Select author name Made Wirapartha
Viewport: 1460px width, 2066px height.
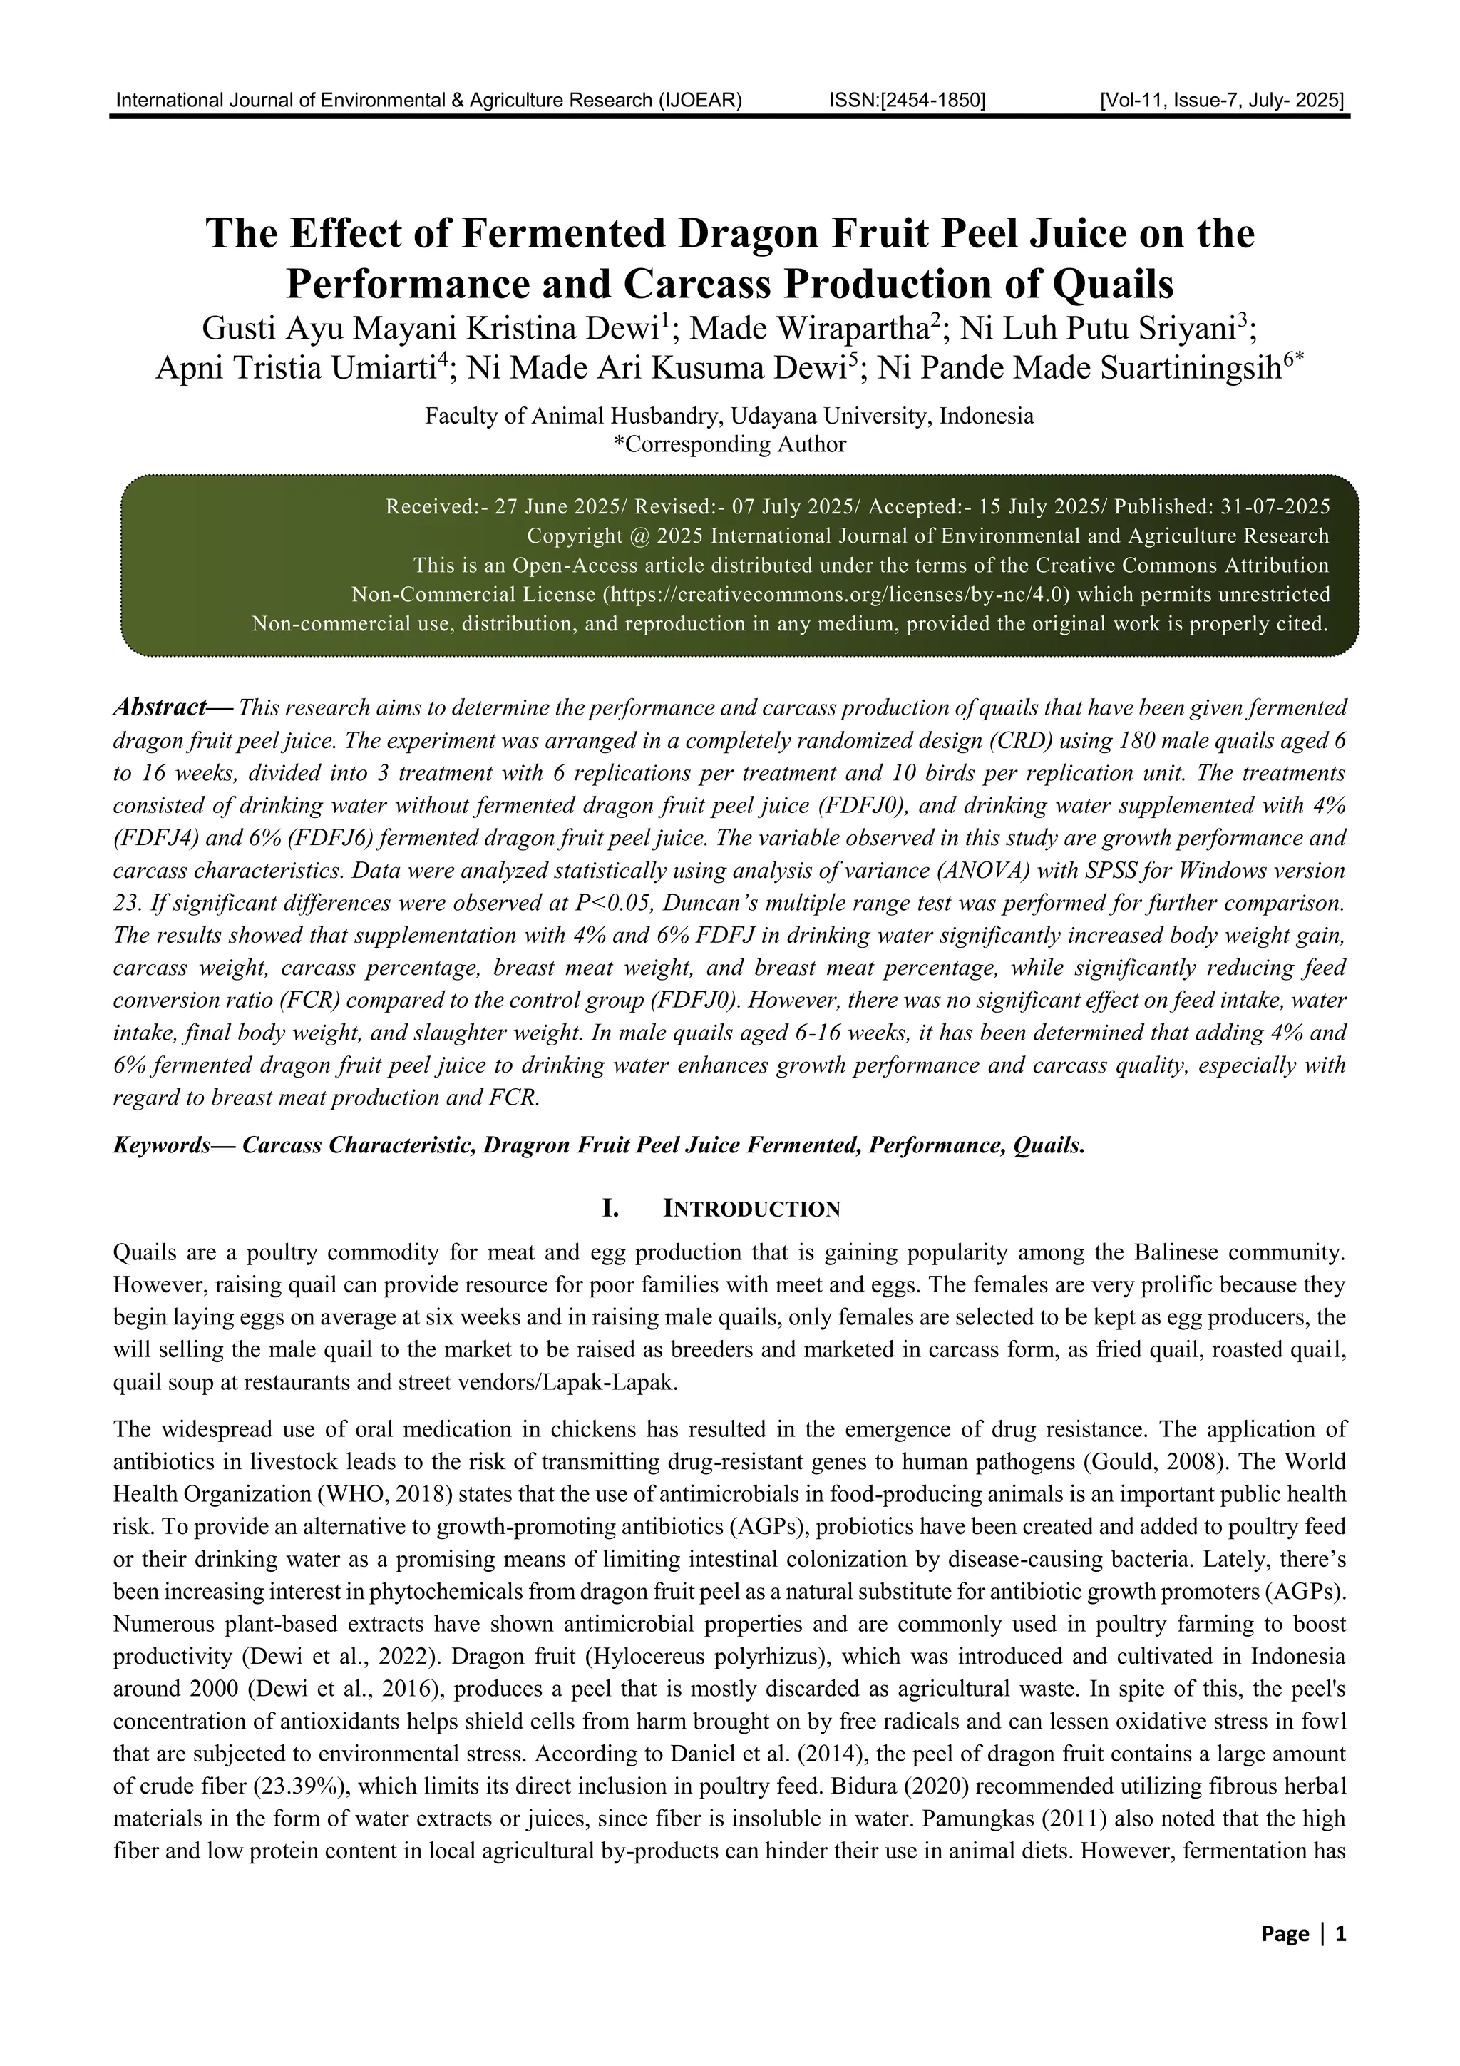click(x=815, y=329)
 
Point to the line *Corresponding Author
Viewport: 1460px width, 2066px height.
click(x=729, y=444)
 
